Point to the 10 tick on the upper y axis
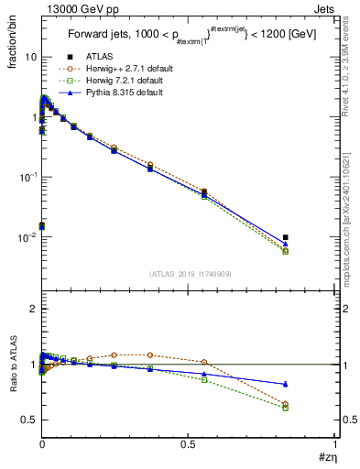coord(31,57)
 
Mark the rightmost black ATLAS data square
coord(286,237)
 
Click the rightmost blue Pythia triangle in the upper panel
coord(286,244)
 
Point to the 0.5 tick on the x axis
coord(188,444)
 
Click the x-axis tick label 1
coord(334,444)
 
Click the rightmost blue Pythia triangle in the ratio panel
coord(286,384)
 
